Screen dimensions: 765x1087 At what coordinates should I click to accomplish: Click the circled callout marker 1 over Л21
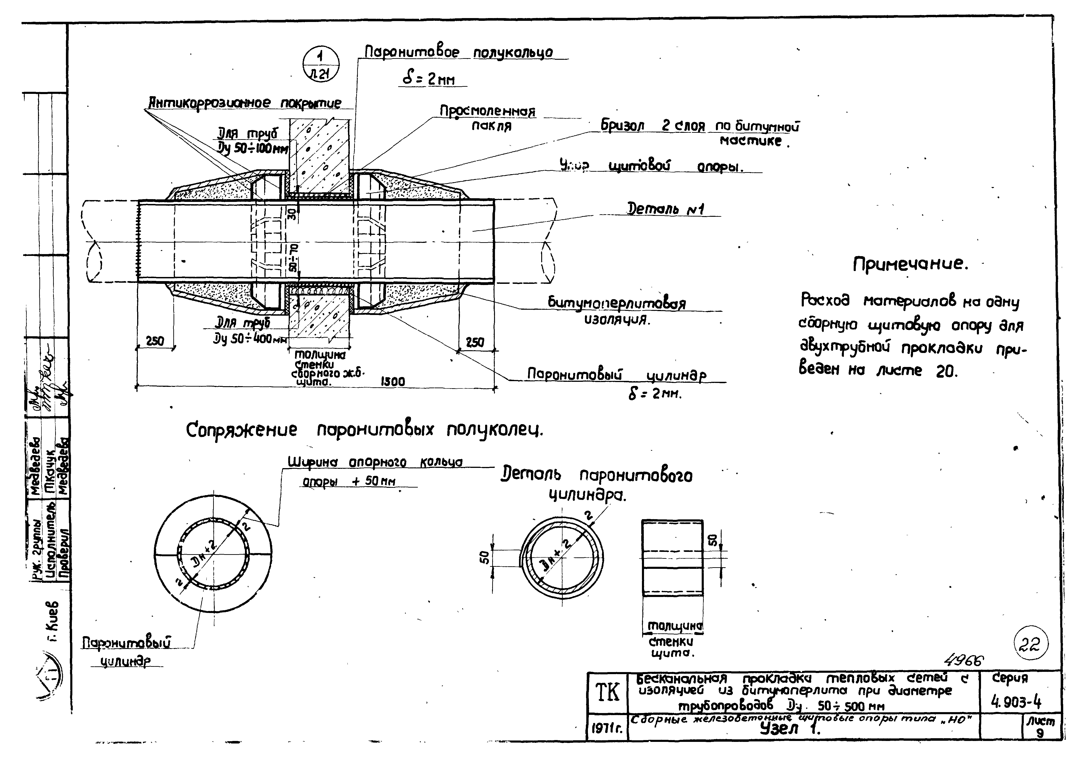pyautogui.click(x=321, y=65)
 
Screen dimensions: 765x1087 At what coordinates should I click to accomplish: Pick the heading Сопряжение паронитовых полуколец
pyautogui.click(x=364, y=430)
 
